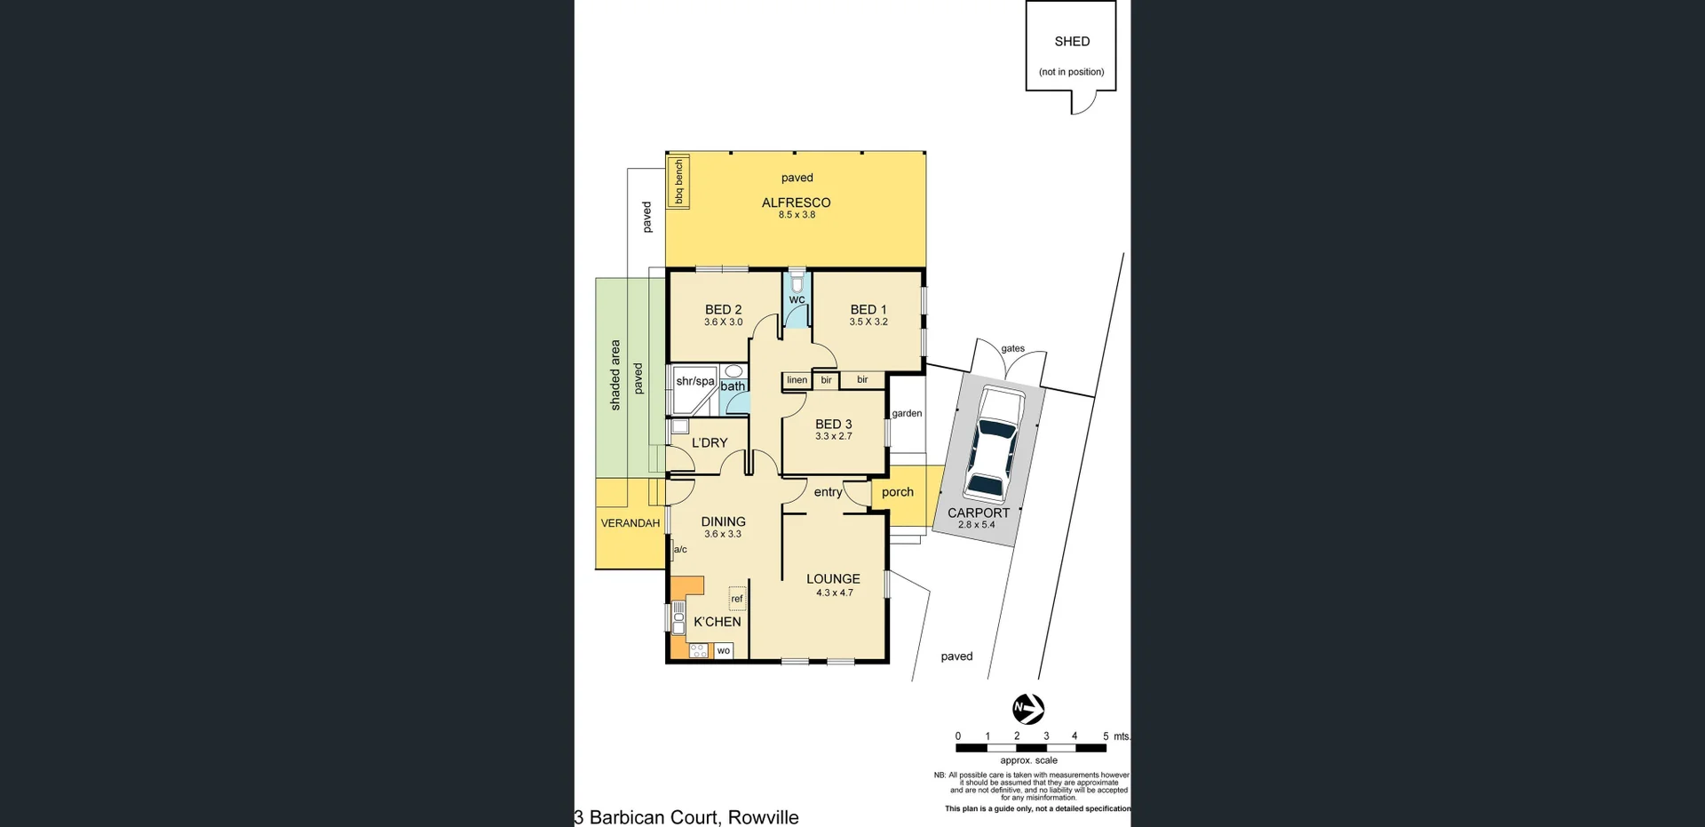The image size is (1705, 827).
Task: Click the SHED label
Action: (x=1072, y=42)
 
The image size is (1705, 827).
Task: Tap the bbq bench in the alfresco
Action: (x=678, y=182)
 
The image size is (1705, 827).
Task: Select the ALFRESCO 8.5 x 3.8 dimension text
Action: (x=797, y=215)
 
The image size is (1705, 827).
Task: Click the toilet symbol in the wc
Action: (x=797, y=283)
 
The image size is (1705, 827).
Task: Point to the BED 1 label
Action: (x=868, y=310)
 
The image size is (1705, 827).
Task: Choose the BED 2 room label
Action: (x=723, y=310)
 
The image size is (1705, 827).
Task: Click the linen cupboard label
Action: (x=797, y=380)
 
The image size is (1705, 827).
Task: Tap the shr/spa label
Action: (x=694, y=381)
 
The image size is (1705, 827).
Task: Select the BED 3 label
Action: (x=833, y=425)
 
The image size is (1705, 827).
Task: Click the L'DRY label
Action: (x=709, y=442)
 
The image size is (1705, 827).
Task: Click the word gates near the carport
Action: (x=1012, y=349)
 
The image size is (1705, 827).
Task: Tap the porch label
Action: (x=897, y=492)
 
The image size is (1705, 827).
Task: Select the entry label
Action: (x=828, y=492)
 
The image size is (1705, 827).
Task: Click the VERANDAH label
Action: (x=630, y=523)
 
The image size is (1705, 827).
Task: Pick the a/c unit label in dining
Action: (x=680, y=550)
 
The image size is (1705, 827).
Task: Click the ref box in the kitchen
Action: (x=737, y=599)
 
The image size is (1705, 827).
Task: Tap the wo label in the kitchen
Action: (x=723, y=651)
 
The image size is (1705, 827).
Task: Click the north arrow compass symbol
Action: (x=1028, y=709)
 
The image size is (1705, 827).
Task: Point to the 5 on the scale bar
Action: (x=1106, y=736)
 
